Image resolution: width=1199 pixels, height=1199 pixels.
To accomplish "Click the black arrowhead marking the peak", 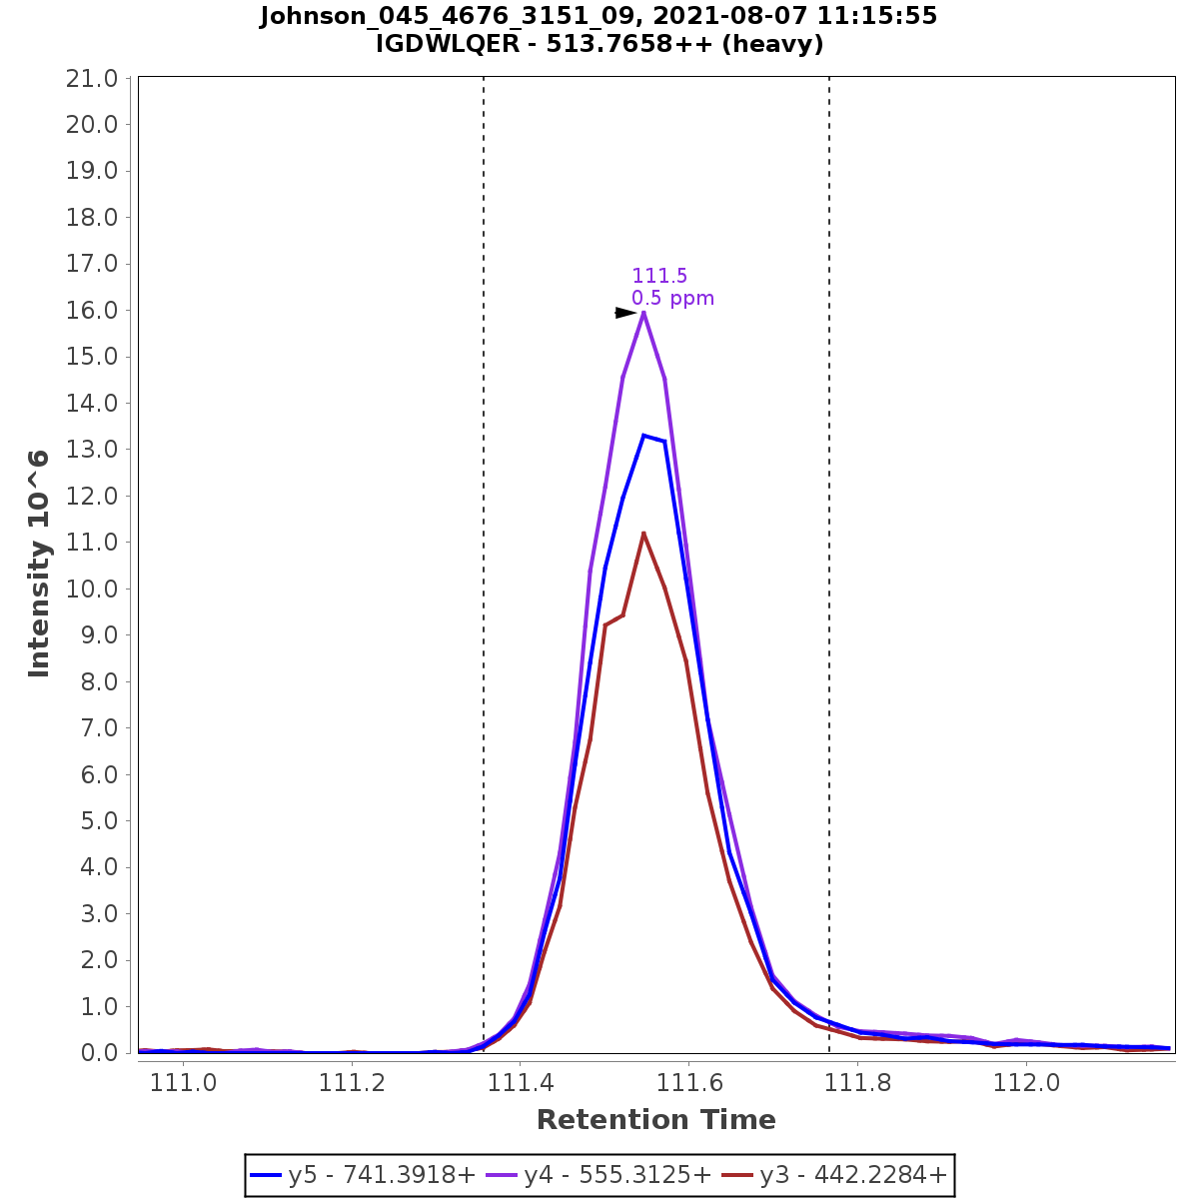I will [625, 313].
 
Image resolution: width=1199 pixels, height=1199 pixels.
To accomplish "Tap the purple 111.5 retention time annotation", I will [659, 277].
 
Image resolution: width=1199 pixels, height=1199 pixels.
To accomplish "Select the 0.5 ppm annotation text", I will [672, 299].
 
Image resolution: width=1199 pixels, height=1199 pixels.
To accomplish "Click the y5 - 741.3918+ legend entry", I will [364, 1175].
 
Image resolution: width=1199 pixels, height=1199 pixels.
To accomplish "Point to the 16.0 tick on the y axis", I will [91, 311].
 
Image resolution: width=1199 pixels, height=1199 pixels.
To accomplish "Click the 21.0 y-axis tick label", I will [91, 79].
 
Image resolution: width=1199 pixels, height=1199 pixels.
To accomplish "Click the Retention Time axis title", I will [655, 1120].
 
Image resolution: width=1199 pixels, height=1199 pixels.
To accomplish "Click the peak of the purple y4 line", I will [643, 312].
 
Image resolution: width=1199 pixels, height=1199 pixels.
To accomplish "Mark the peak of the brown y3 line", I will [643, 533].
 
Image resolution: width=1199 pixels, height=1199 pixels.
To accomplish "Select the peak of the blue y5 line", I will [644, 435].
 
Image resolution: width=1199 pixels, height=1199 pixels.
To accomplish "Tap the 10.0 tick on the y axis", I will [91, 590].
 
